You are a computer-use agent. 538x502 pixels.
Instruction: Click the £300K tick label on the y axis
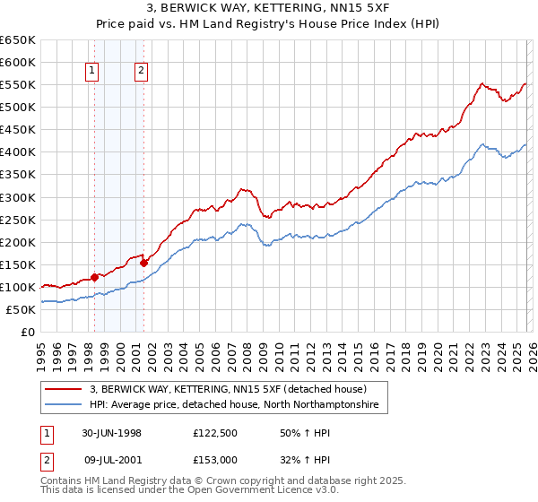[17, 197]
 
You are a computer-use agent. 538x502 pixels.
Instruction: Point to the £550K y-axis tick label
[17, 85]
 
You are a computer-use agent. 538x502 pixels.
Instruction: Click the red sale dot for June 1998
[95, 277]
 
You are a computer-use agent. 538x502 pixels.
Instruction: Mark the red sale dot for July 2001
[143, 263]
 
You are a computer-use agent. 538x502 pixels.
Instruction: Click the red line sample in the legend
[64, 390]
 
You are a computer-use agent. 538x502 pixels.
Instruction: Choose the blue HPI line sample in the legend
[64, 406]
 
